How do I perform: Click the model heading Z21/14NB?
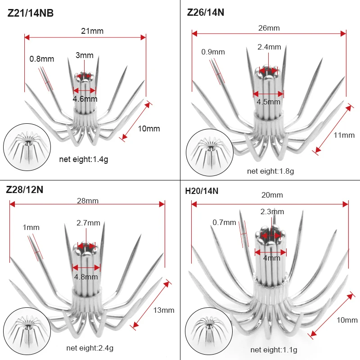[x=31, y=13]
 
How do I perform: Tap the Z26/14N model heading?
[x=206, y=13]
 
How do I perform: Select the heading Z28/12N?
[x=25, y=190]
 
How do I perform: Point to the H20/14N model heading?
[x=202, y=191]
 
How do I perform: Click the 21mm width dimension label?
[x=92, y=31]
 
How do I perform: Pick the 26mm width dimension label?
[x=269, y=28]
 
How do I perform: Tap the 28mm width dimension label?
[x=88, y=201]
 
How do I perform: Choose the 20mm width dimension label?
[x=272, y=195]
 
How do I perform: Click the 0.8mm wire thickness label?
[x=42, y=59]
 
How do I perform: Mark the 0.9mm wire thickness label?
[x=213, y=52]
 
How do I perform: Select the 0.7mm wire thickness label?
[x=224, y=222]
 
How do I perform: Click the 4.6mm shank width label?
[x=85, y=99]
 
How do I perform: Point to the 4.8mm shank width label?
[x=86, y=277]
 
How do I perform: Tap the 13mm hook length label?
[x=164, y=310]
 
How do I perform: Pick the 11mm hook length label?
[x=344, y=135]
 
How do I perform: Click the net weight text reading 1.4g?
[x=84, y=159]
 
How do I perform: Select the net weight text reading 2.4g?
[x=90, y=348]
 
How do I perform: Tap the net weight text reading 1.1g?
[x=274, y=350]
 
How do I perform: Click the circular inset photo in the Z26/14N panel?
[x=210, y=153]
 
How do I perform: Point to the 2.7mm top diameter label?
[x=88, y=223]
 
